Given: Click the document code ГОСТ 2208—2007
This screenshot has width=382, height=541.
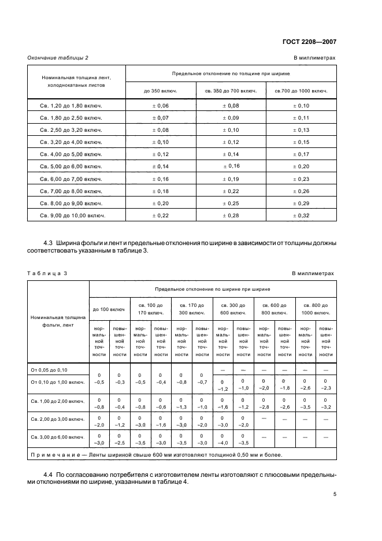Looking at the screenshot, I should [x=310, y=42].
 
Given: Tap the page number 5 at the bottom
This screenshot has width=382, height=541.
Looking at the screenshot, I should [x=334, y=494].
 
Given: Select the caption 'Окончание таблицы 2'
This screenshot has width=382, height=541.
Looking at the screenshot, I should [x=58, y=58].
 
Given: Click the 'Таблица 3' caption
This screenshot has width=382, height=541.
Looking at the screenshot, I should [x=47, y=273].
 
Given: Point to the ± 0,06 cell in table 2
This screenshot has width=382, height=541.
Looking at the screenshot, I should [x=161, y=106].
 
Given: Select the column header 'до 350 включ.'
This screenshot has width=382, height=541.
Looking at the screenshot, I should [x=161, y=90].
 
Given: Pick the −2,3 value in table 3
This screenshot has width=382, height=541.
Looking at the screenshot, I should [x=325, y=388].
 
